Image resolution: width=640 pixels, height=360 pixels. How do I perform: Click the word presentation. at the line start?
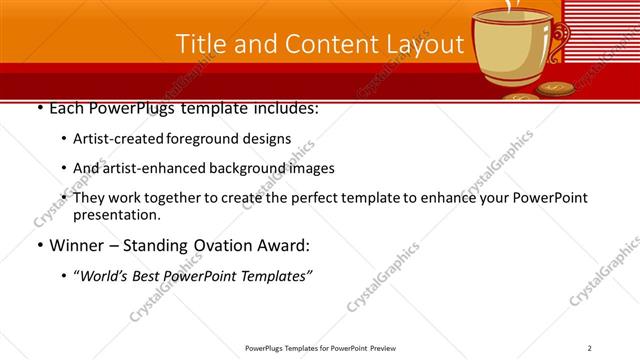(x=116, y=215)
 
